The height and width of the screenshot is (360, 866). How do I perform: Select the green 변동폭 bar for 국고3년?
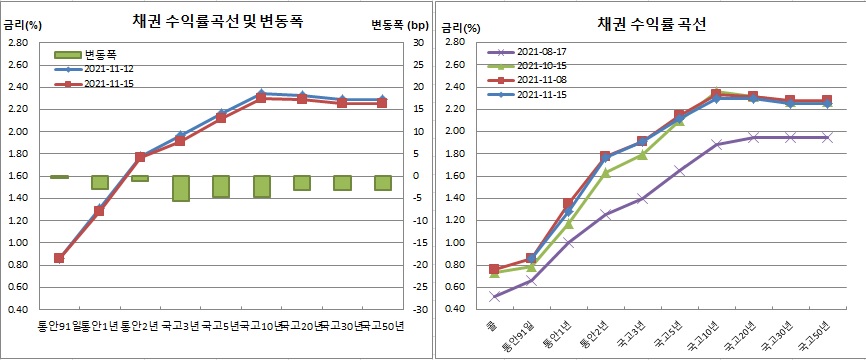(181, 188)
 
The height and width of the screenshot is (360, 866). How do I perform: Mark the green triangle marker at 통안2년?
(606, 172)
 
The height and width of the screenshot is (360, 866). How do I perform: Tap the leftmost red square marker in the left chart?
(59, 258)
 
